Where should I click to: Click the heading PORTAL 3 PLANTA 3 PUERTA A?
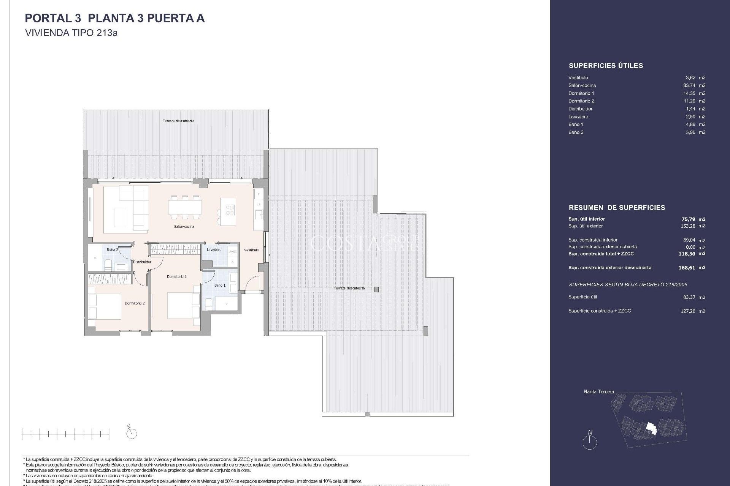pos(114,18)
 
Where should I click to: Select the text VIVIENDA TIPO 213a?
pos(71,33)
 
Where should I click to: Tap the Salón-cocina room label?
pos(184,227)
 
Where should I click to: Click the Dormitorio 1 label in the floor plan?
pos(176,277)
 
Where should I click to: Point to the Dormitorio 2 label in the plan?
pos(135,303)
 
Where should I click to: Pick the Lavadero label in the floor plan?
pos(214,250)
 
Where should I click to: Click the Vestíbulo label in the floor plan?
pos(251,250)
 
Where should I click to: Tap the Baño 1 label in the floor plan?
pos(220,285)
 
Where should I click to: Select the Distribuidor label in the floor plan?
pos(142,262)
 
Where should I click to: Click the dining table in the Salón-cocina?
pos(185,208)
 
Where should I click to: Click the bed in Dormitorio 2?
pos(105,306)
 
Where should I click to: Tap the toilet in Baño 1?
pos(209,303)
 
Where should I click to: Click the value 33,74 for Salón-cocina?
pos(689,85)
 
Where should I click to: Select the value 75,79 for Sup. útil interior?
pos(688,219)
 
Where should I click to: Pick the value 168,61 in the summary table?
pos(687,268)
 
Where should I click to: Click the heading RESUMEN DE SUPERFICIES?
pos(617,208)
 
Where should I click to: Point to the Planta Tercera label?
pos(598,391)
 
